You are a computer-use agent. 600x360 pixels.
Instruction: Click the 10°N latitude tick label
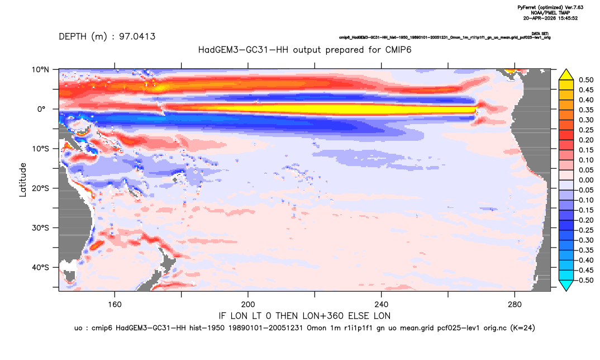40,70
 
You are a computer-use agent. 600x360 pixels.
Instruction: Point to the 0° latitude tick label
41,109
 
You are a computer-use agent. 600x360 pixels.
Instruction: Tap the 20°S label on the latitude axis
40,188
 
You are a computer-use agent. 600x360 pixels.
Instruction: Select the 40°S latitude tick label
40,267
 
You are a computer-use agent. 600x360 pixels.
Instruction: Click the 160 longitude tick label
115,305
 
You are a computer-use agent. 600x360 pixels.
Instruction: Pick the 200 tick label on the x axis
248,305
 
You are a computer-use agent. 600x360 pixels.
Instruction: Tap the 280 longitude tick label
515,305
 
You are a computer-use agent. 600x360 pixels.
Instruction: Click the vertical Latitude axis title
23,180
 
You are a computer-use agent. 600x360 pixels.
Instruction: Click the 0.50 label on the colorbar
586,80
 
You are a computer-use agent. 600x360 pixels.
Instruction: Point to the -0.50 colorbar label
585,280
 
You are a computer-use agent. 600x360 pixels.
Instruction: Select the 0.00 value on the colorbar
586,180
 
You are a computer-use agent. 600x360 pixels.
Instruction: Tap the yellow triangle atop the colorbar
566,75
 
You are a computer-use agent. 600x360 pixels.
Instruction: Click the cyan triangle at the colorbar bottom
566,285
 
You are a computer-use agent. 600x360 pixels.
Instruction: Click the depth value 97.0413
137,37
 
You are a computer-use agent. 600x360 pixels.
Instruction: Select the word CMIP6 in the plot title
398,50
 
